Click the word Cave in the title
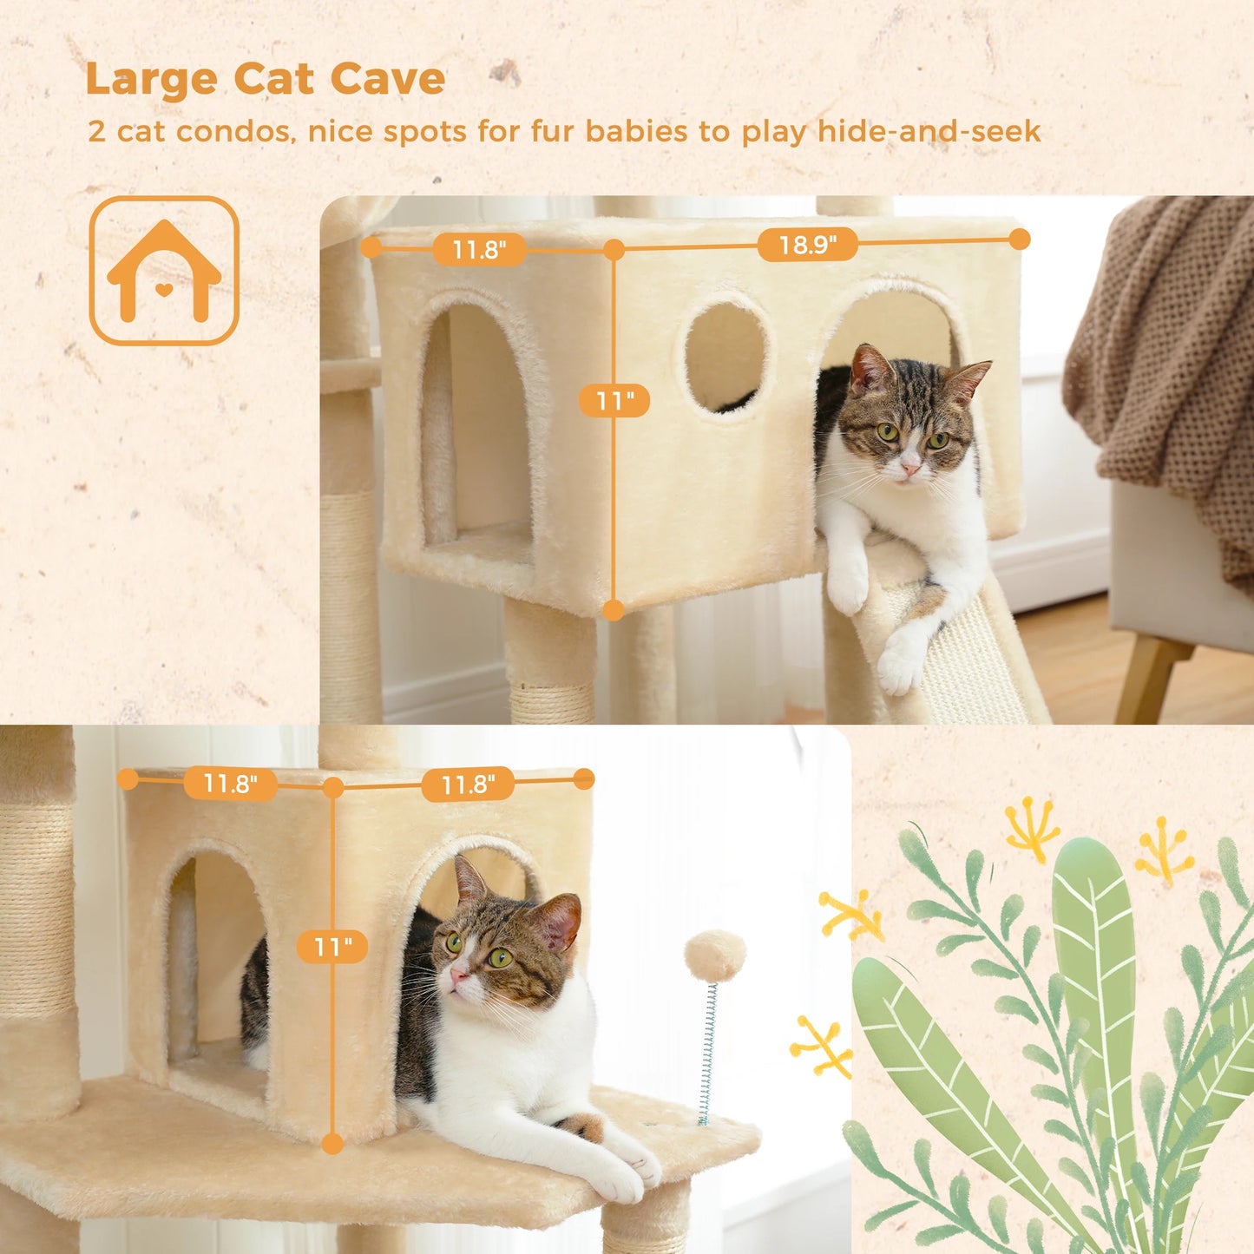click(387, 79)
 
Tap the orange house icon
click(164, 271)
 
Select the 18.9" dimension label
click(807, 246)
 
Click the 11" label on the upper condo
click(614, 401)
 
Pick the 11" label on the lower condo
click(332, 946)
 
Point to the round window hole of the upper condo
click(725, 357)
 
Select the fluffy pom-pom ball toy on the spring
click(714, 955)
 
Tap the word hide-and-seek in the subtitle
click(929, 132)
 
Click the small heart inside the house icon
click(164, 289)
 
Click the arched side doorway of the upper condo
click(477, 425)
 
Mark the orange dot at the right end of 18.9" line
click(1020, 239)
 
